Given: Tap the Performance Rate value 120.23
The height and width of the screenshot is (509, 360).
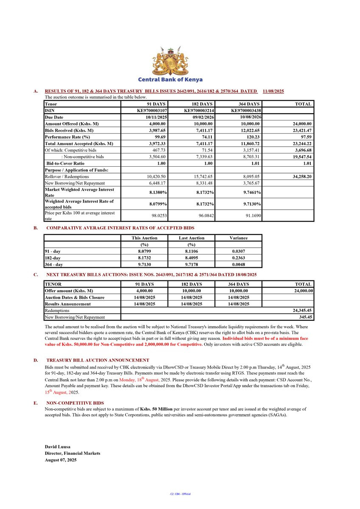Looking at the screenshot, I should (251, 137).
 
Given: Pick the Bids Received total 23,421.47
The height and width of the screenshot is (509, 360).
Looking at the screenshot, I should (300, 131).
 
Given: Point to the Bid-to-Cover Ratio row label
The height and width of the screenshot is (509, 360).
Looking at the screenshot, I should (65, 163).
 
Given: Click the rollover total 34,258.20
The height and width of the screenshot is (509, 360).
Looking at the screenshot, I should (300, 176).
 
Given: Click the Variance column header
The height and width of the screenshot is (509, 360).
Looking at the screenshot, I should (238, 238).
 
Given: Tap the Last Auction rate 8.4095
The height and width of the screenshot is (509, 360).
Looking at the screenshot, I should (191, 258).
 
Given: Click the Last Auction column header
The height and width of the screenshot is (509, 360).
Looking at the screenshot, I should (191, 238).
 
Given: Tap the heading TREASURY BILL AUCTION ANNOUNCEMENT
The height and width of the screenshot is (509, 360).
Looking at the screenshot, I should (98, 360).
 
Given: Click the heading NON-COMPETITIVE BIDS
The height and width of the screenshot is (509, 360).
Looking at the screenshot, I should (75, 403).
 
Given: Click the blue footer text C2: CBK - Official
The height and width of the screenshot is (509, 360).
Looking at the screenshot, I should (180, 494).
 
